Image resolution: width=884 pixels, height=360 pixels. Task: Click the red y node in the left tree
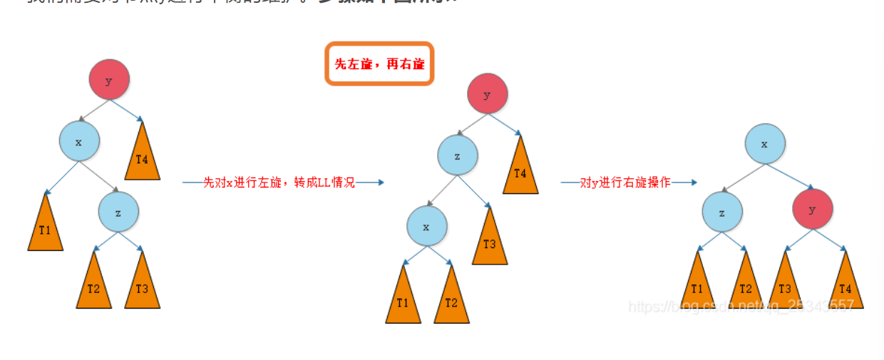pos(109,80)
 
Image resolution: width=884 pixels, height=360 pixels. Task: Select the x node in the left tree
pos(79,141)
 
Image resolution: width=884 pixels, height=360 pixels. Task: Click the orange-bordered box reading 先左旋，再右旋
pos(379,63)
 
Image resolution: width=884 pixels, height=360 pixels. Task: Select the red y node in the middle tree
pos(487,94)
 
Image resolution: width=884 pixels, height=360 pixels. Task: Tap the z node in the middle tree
pos(458,155)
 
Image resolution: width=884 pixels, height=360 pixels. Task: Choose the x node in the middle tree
pos(427,227)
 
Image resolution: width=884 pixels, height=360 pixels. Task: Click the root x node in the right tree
pos(765,143)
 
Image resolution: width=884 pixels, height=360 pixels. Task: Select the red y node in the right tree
pos(813,210)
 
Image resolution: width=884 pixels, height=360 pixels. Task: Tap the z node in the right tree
pos(722,212)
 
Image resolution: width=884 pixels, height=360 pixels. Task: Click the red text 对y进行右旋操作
pos(625,182)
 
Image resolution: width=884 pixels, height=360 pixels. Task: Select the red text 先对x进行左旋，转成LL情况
pos(279,182)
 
